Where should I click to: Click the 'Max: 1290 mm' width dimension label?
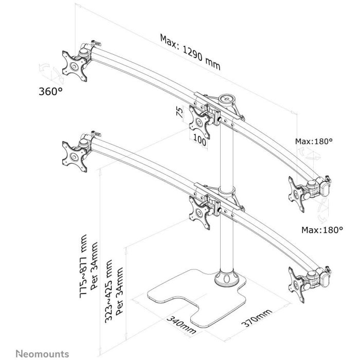point(190,52)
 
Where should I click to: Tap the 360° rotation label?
point(50,92)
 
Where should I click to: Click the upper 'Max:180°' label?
point(314,141)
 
